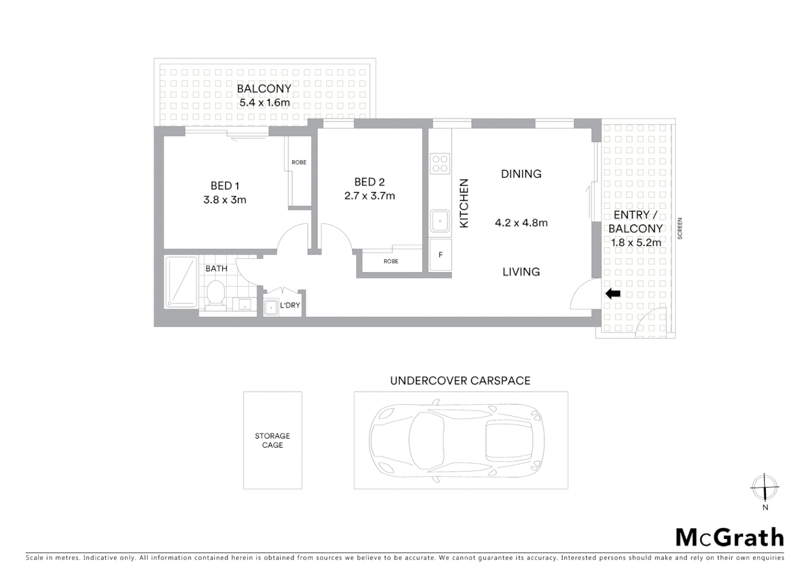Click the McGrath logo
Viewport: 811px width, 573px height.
729,537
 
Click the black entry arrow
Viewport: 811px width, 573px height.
613,293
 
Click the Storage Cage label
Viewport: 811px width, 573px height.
272,440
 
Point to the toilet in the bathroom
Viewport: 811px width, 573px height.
215,293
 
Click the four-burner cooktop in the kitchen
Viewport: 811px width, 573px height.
440,163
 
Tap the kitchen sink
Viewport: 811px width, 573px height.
440,221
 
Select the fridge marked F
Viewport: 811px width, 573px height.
440,255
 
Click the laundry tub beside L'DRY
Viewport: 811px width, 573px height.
271,307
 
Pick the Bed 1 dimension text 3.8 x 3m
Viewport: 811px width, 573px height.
225,200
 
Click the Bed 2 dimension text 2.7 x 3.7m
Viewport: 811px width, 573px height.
369,196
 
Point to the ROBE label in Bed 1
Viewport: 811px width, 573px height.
299,162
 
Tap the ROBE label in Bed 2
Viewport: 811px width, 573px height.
391,262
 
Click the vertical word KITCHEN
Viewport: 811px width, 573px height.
464,204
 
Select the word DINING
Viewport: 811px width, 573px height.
521,174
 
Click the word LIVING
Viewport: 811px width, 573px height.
521,272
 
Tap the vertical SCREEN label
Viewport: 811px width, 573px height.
680,229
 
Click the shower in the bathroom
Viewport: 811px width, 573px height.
181,282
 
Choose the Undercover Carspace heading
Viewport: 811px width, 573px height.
460,381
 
